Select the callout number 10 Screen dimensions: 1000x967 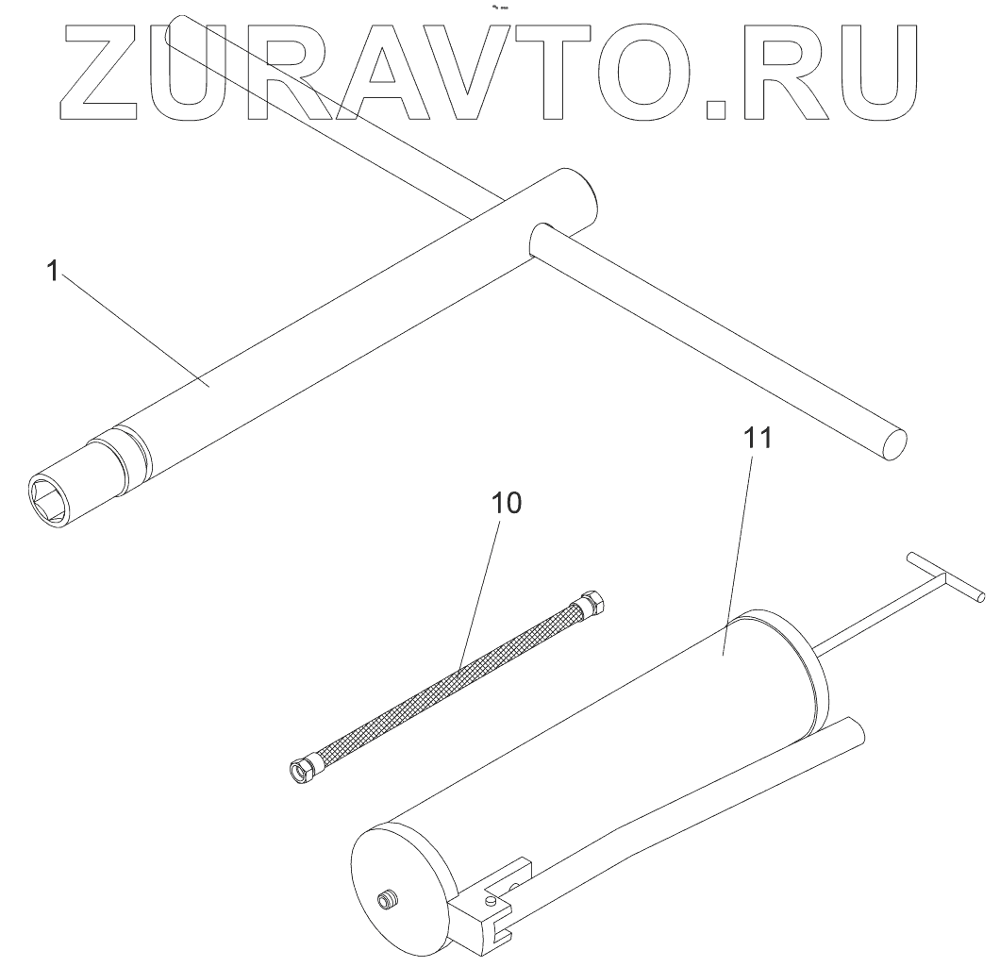pyautogui.click(x=506, y=503)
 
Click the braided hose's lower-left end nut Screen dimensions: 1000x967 pyautogui.click(x=305, y=769)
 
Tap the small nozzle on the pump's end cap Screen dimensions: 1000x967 pyautogui.click(x=388, y=900)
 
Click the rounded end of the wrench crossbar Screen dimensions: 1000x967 pyautogui.click(x=894, y=442)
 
